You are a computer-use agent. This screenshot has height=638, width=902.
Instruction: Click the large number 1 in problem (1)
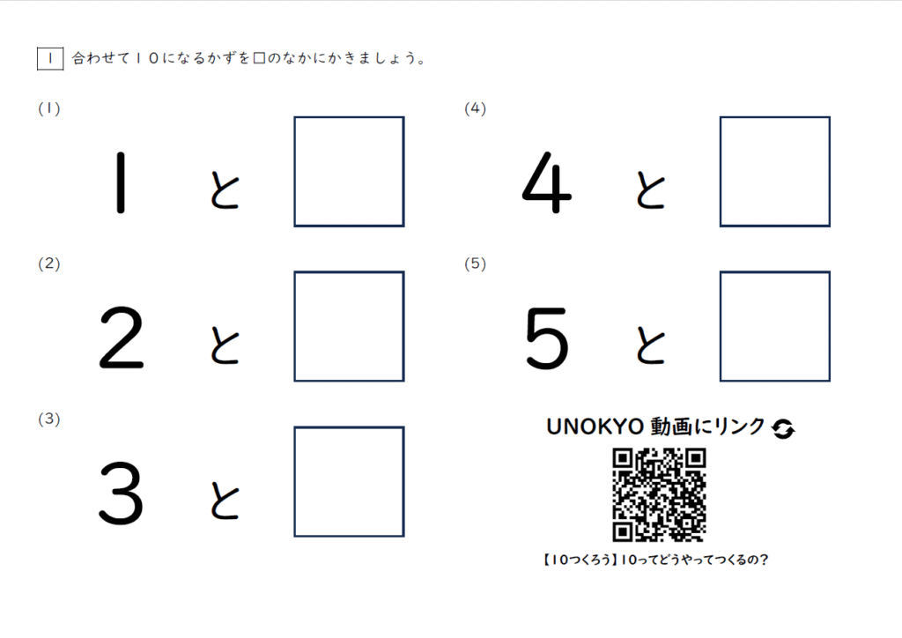120,182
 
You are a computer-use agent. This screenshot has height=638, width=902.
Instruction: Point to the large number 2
122,338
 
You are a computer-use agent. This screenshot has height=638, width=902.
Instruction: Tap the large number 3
121,493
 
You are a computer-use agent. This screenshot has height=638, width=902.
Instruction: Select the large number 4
546,182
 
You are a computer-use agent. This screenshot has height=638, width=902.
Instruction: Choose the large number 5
547,338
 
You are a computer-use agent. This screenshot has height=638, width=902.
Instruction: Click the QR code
659,495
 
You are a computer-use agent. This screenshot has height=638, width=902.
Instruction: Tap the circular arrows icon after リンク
783,428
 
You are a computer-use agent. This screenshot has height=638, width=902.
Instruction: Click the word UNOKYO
595,427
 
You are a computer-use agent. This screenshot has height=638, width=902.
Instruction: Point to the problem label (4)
475,108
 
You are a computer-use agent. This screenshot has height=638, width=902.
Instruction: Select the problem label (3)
49,419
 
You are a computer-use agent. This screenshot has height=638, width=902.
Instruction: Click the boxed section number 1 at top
50,59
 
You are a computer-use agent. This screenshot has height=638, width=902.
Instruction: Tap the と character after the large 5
651,345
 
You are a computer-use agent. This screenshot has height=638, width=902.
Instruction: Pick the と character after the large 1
225,189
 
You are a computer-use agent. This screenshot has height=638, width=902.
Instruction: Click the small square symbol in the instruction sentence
260,58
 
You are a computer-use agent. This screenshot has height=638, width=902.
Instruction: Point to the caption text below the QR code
655,560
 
